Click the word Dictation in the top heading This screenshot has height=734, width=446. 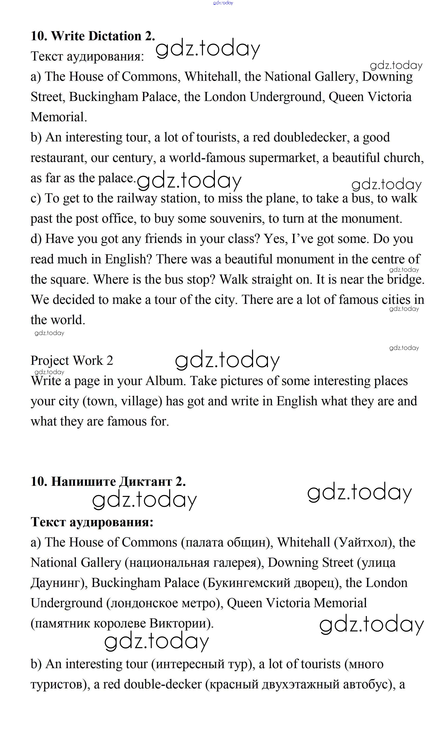coord(115,36)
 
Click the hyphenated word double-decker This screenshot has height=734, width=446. coord(163,684)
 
